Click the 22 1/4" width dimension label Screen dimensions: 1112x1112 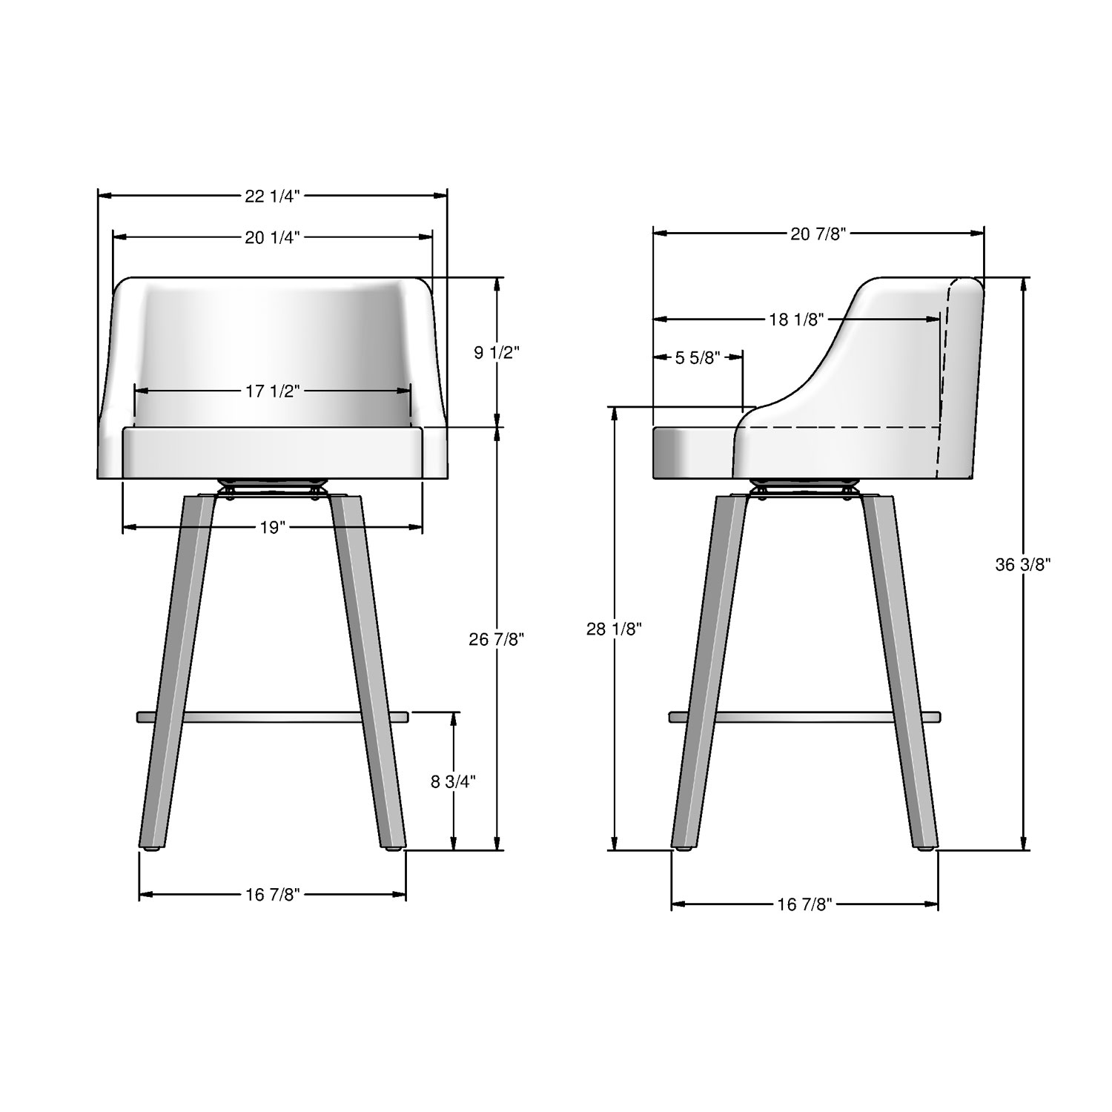click(272, 196)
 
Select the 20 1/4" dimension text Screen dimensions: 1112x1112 click(272, 237)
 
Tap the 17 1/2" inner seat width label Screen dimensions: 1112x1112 click(272, 391)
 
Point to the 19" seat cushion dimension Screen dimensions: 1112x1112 click(272, 528)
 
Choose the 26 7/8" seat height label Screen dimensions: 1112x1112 click(496, 639)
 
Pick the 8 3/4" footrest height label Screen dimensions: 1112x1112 click(452, 781)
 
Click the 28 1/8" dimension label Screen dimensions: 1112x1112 click(614, 629)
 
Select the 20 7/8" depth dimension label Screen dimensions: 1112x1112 click(818, 234)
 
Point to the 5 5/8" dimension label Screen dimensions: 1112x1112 click(697, 358)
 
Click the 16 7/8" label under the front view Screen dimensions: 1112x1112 click(272, 895)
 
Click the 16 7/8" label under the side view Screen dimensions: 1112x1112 click(804, 904)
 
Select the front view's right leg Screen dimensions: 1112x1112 click(369, 667)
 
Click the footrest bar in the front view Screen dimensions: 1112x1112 click(272, 717)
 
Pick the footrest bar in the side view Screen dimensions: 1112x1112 click(804, 717)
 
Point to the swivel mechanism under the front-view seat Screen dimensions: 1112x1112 click(272, 488)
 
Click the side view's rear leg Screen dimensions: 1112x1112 click(901, 667)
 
